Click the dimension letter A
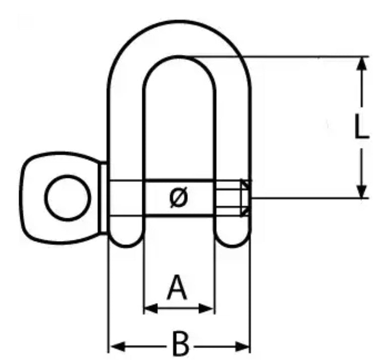pos(177,288)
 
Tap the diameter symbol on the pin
pos(179,198)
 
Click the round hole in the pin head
pos(68,198)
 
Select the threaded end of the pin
pos(230,198)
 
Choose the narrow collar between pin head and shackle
pos(103,198)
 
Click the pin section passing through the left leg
pos(126,198)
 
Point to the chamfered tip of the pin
pos(246,198)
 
